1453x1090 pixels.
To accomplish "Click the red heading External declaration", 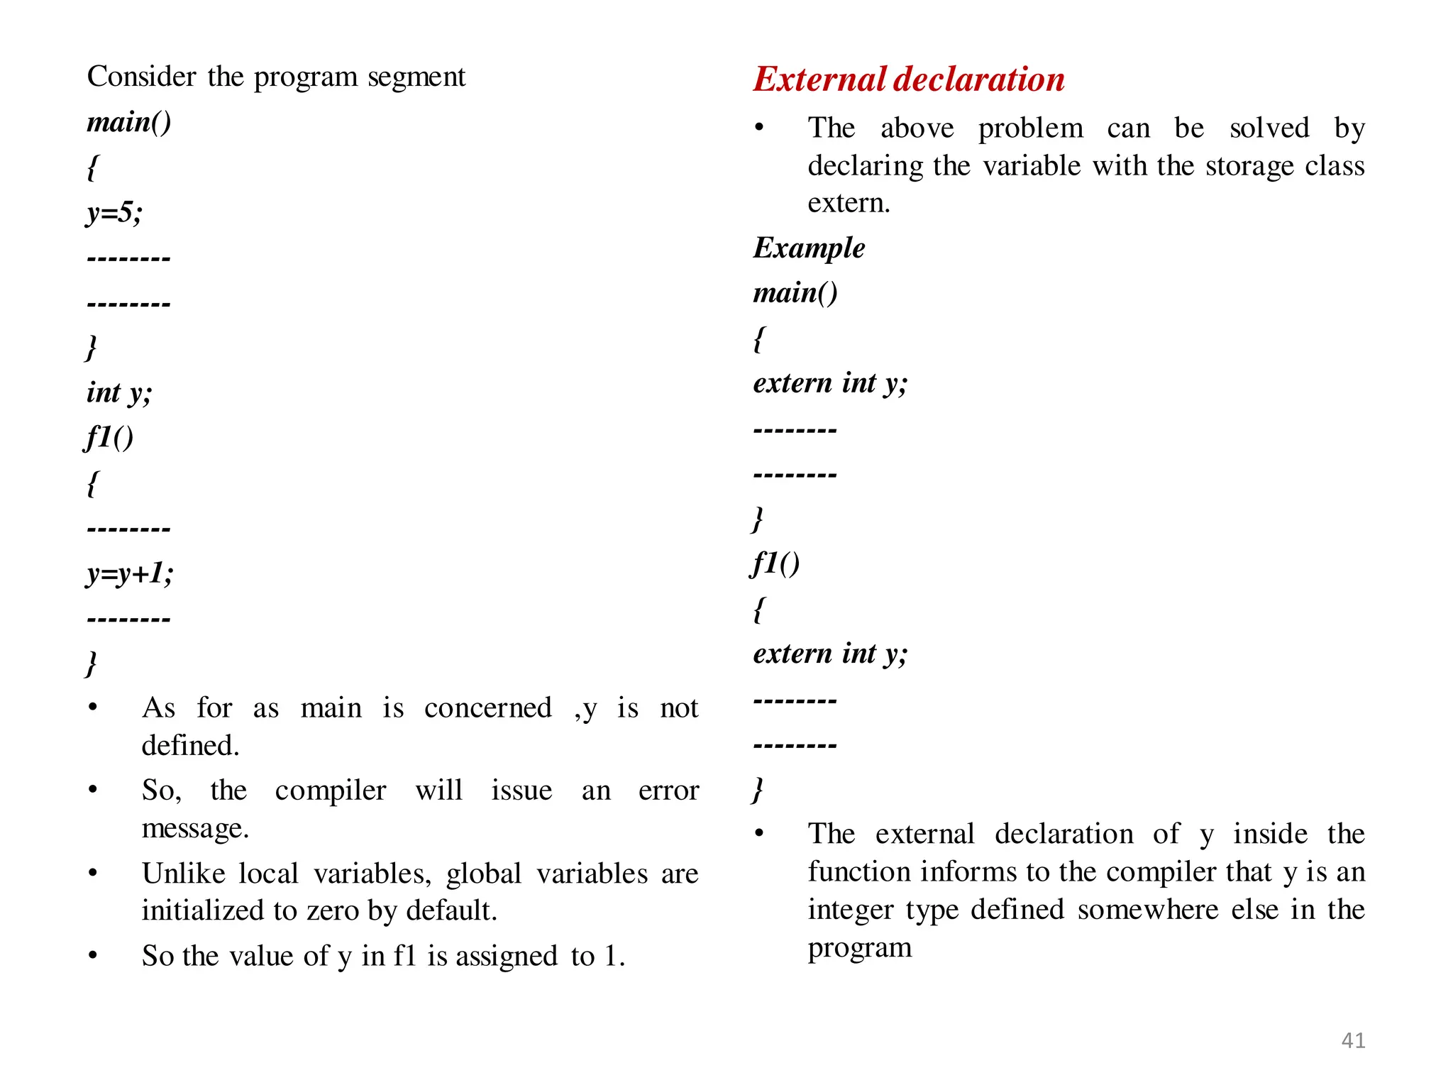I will [x=908, y=79].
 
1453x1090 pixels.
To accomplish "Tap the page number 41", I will [x=1353, y=1040].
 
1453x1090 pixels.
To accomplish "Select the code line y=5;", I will [x=114, y=212].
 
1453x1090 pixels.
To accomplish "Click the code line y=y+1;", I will [x=130, y=573].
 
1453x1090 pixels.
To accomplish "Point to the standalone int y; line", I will [x=119, y=392].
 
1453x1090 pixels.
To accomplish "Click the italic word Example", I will [x=809, y=248].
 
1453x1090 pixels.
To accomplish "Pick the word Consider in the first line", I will [x=141, y=77].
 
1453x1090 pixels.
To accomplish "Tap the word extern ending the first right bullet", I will [x=849, y=203].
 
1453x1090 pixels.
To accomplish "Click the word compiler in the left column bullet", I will [x=330, y=791].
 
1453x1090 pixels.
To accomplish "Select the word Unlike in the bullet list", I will [x=183, y=874].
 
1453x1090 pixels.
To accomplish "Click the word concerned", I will [x=487, y=708].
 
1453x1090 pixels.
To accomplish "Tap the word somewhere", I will [x=1147, y=910].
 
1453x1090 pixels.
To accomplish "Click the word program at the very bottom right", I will [x=859, y=948].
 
